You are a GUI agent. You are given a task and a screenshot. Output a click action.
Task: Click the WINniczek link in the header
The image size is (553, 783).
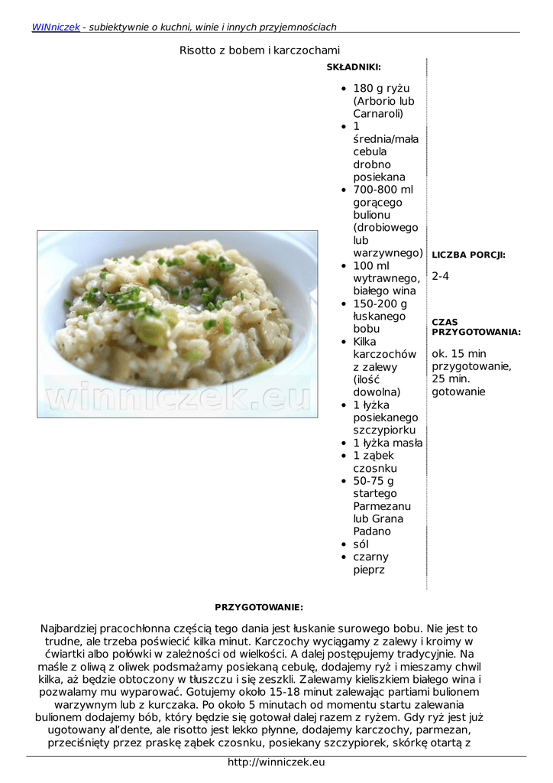click(56, 27)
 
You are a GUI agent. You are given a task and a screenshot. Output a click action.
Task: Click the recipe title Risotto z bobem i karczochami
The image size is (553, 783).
click(260, 50)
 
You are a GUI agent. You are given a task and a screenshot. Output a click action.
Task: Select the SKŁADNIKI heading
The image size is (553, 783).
click(354, 67)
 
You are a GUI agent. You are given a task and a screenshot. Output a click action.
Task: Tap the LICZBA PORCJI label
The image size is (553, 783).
click(468, 255)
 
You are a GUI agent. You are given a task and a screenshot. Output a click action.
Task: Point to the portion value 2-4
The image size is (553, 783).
click(441, 276)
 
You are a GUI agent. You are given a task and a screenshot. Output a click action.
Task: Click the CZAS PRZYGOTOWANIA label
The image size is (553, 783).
click(476, 327)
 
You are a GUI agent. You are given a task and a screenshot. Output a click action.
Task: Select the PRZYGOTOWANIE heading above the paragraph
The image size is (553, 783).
click(259, 607)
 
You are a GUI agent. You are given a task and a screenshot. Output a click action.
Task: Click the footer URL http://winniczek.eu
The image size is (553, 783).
click(276, 762)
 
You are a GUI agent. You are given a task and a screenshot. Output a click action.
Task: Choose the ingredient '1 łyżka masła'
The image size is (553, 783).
click(387, 443)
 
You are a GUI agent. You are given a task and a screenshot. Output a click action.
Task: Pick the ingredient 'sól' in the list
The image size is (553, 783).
click(361, 544)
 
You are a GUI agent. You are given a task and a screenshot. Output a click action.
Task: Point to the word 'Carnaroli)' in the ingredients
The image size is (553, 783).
click(378, 113)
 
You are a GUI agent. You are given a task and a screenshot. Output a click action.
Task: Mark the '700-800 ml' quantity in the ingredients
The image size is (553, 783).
click(383, 190)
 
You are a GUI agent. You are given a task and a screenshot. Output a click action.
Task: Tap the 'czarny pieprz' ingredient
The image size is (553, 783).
click(370, 563)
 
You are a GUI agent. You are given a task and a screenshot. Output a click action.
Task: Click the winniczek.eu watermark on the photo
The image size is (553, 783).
click(179, 397)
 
